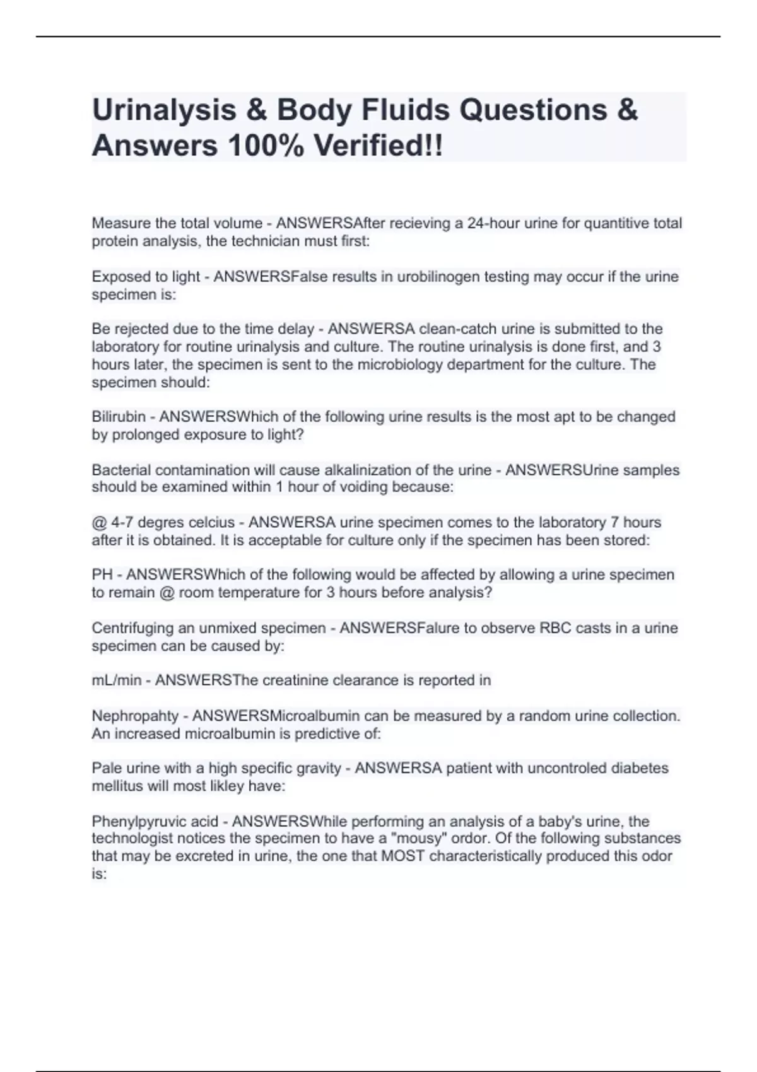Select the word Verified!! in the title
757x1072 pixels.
(378, 146)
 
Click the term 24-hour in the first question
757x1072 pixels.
(492, 223)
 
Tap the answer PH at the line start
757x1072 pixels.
(102, 574)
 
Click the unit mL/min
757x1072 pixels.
(117, 680)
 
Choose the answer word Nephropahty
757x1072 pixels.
(135, 716)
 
